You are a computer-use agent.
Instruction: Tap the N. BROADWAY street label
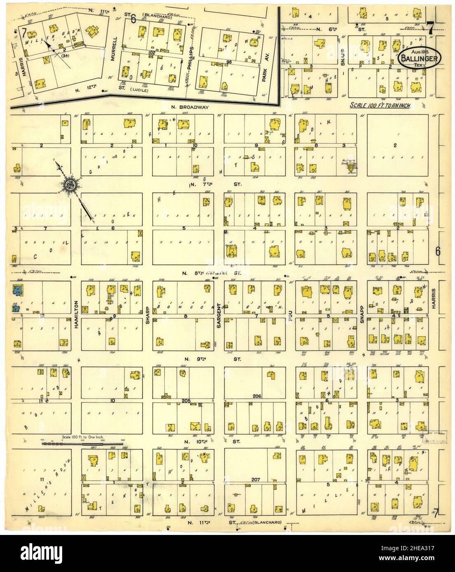190,107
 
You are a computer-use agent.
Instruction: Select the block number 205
186,400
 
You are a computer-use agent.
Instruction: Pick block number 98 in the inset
225,62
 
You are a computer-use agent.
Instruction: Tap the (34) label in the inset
64,56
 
